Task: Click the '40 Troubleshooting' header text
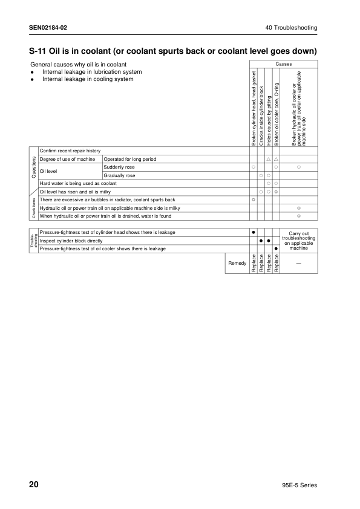click(x=291, y=28)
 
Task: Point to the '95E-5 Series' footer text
click(x=299, y=485)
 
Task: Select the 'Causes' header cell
click(x=283, y=63)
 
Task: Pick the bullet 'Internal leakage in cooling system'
click(x=88, y=79)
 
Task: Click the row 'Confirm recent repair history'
click(x=70, y=151)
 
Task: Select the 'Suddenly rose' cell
click(x=119, y=167)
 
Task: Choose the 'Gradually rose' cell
click(x=120, y=175)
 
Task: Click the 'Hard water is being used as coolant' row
click(x=78, y=183)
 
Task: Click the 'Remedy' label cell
click(x=237, y=263)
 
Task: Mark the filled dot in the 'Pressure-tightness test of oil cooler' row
click(x=275, y=248)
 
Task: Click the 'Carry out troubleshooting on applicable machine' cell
click(x=299, y=241)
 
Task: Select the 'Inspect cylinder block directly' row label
click(x=71, y=241)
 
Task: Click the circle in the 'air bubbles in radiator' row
click(x=254, y=199)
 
